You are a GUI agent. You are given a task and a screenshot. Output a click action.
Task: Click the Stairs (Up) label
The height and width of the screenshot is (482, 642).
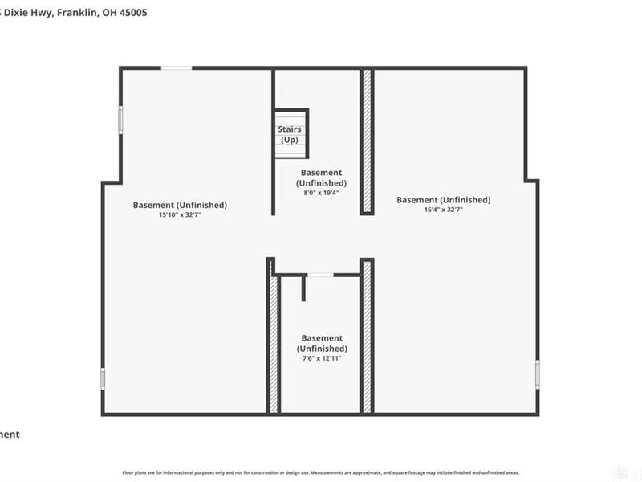click(289, 134)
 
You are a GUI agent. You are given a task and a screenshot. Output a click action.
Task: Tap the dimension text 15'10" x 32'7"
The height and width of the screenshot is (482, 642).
click(180, 215)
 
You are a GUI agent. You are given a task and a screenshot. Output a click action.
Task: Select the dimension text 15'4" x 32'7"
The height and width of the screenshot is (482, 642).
click(443, 210)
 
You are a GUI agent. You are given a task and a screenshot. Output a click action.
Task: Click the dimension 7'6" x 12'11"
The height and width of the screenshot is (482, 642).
click(322, 359)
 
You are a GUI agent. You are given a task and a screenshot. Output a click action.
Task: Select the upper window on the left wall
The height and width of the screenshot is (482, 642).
click(121, 120)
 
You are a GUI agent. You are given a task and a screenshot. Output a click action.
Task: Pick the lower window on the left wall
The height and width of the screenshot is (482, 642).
click(103, 378)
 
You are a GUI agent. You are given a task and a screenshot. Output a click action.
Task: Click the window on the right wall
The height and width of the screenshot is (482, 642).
click(538, 374)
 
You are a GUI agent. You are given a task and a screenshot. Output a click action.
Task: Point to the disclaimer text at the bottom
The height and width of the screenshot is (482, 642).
click(320, 473)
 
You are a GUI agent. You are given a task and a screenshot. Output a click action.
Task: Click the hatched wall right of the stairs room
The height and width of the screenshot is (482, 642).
click(367, 141)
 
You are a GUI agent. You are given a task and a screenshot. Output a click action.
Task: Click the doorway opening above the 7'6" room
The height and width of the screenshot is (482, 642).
click(319, 276)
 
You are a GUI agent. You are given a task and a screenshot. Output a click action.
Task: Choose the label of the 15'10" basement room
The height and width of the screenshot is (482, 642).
click(180, 205)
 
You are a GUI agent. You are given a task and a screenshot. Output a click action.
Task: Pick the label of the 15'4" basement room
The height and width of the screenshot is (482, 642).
click(443, 200)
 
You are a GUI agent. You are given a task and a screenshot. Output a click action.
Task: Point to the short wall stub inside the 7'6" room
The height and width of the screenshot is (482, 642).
click(303, 288)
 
